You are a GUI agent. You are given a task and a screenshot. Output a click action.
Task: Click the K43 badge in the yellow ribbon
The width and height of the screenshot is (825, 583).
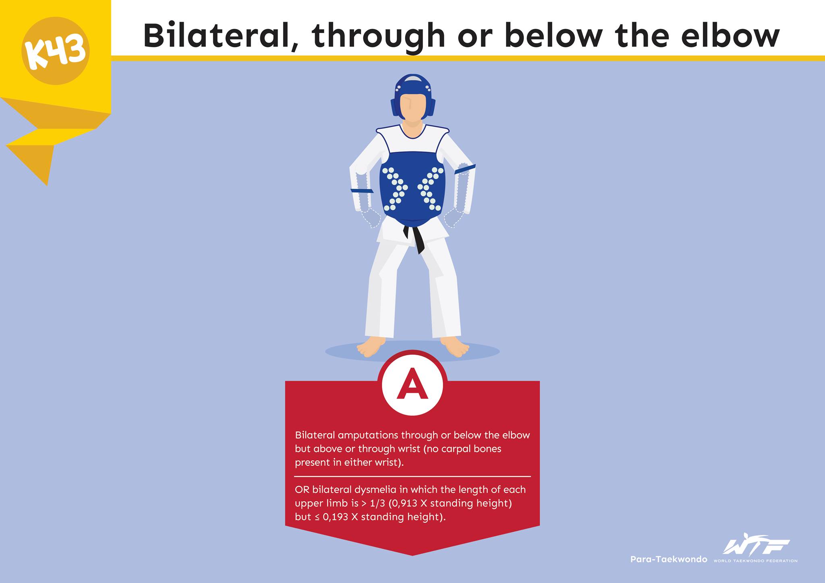tap(55, 51)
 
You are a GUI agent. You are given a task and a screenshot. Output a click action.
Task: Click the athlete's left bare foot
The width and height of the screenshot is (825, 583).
tap(455, 347)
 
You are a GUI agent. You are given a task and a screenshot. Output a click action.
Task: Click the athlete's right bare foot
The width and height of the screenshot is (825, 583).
tap(370, 347)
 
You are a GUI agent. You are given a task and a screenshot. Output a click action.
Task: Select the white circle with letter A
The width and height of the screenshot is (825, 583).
tap(412, 385)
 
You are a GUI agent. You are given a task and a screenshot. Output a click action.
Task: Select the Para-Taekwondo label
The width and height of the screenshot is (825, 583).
tap(669, 559)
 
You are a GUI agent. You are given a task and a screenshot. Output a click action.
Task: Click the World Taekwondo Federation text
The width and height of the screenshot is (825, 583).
tap(756, 561)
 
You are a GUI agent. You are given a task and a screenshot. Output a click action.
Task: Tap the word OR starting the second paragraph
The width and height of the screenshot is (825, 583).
tap(302, 490)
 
